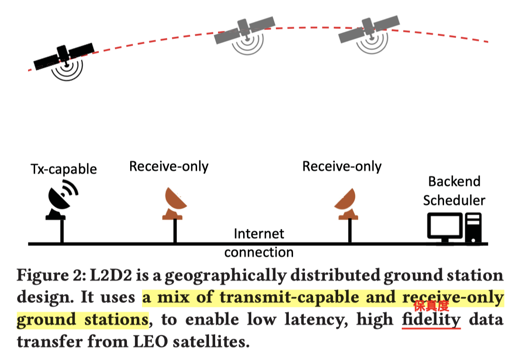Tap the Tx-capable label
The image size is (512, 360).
point(64,169)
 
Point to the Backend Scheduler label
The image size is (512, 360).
point(454,190)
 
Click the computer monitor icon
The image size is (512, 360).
point(445,227)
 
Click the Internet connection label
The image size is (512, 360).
point(259,243)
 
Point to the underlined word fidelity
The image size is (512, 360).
point(431,320)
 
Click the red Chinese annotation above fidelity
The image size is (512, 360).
point(431,306)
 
